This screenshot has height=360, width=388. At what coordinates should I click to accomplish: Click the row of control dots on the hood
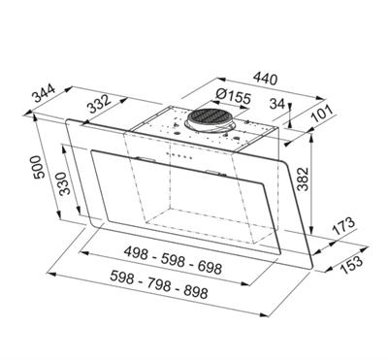click(179, 157)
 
